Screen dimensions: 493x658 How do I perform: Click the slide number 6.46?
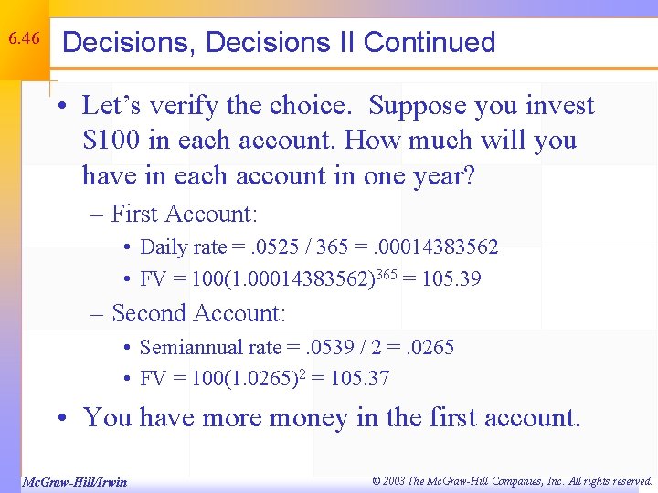pos(23,38)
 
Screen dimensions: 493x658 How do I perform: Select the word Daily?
pos(164,247)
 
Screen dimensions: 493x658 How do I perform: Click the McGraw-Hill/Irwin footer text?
pos(74,481)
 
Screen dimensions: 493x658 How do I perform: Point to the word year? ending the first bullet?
pos(436,175)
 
